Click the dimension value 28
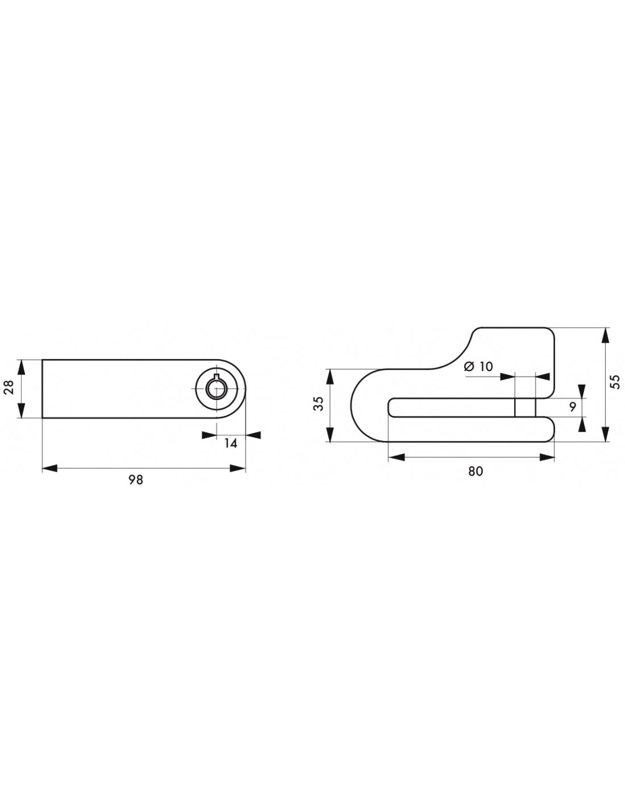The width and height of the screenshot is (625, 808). point(9,388)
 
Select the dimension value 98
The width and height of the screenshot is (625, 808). point(136,480)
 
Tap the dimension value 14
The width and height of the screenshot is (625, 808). point(230,444)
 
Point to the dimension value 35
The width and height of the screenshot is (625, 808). point(318,403)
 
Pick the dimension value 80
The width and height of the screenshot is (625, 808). point(476,470)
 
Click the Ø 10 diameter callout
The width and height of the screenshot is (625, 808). point(478,366)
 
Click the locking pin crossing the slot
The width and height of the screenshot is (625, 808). point(525,407)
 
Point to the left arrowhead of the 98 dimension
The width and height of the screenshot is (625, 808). point(50,468)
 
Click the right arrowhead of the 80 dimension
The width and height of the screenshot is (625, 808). point(547,457)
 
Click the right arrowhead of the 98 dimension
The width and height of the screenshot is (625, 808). point(238,468)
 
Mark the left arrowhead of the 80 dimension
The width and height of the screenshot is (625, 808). point(396,457)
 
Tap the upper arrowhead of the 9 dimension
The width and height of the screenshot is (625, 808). point(582,391)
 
